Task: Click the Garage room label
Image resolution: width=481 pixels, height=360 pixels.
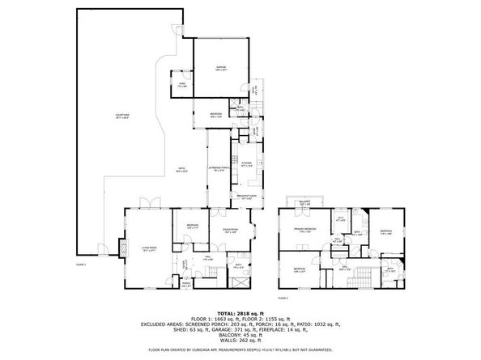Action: (220, 68)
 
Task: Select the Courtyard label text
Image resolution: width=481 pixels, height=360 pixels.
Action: (122, 118)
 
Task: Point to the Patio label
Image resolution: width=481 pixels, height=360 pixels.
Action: (183, 170)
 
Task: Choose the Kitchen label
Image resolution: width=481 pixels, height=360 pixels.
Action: (247, 163)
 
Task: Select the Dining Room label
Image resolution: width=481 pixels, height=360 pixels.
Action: (231, 231)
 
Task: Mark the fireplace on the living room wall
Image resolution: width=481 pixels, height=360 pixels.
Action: (124, 246)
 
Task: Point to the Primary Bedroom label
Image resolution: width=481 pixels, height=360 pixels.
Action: (304, 231)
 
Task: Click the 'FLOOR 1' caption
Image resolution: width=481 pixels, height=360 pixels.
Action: (80, 265)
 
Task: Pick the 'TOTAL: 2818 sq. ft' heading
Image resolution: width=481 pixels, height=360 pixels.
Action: (240, 311)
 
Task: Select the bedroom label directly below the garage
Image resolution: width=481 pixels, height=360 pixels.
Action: (215, 115)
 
